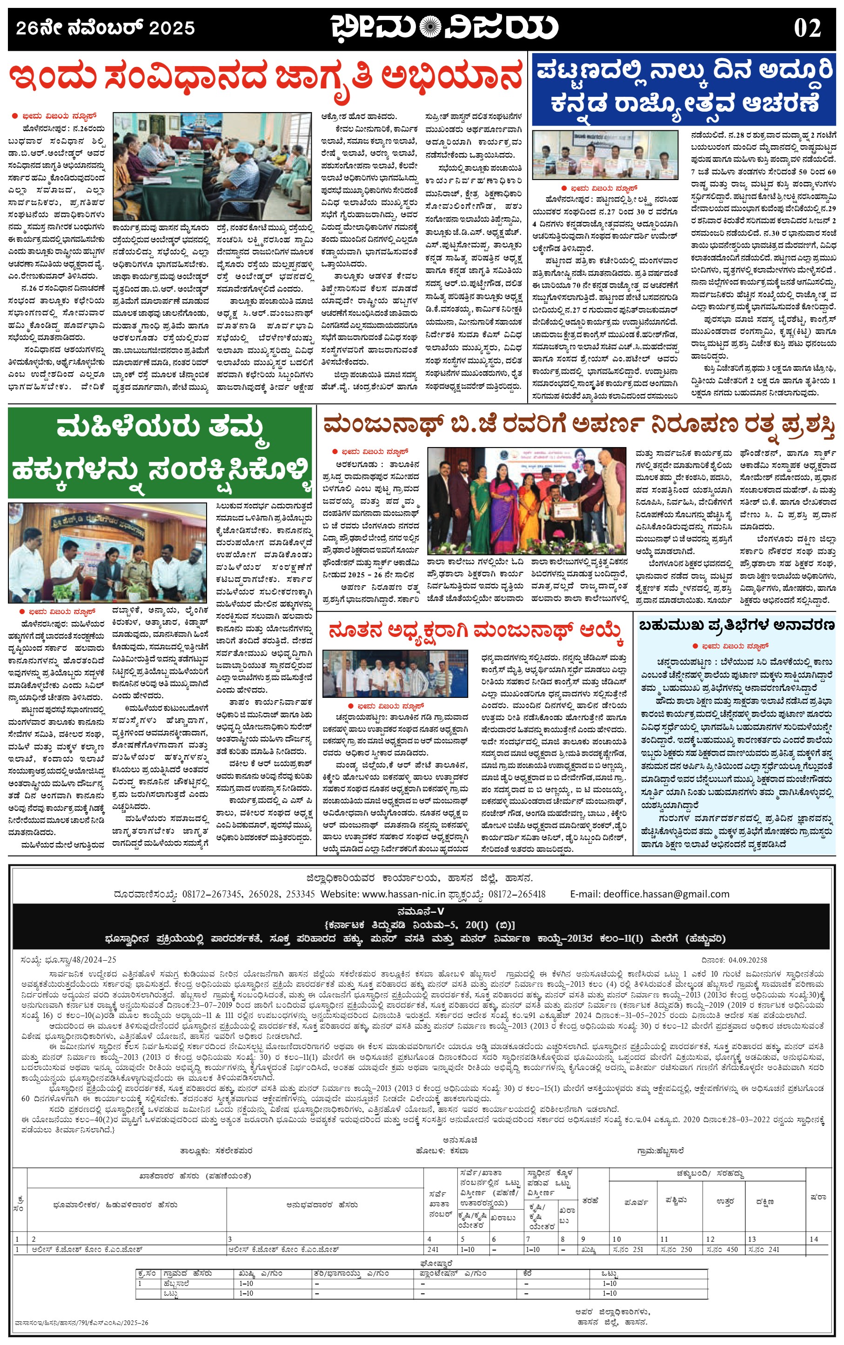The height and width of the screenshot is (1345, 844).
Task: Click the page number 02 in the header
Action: tap(807, 28)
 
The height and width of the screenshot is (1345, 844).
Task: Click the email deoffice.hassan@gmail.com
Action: tap(666, 894)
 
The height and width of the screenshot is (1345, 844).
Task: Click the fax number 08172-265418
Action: tap(516, 894)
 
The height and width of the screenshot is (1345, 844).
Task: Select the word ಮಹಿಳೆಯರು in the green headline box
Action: tap(128, 428)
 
